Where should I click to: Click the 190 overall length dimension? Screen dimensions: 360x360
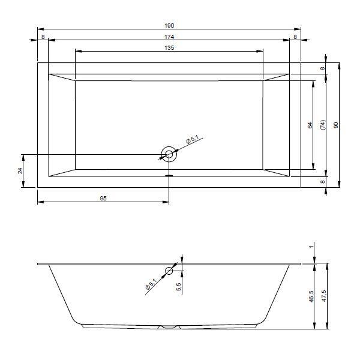pos(169,25)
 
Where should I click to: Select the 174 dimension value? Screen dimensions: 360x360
pos(169,37)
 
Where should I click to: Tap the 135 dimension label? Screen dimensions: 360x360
pos(169,48)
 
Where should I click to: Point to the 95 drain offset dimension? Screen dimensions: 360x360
pos(103,198)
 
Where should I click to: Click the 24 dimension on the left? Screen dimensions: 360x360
pos(20,170)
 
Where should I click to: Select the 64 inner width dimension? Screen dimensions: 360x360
pos(310,125)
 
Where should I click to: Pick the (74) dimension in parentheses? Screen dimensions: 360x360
pos(323,125)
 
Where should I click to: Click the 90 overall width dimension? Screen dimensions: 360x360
pos(335,125)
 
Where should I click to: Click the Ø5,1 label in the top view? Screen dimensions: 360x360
pos(192,139)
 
